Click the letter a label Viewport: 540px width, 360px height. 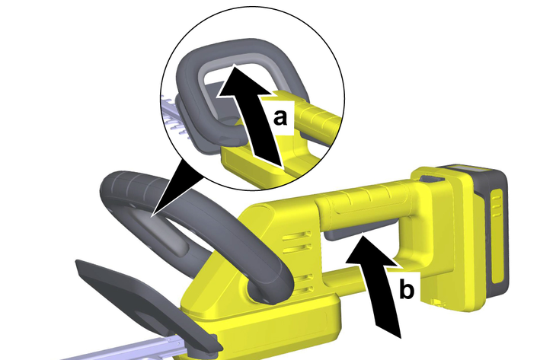pos(280,117)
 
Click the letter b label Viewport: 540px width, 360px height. pos(407,289)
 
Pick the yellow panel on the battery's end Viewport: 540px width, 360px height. pos(497,237)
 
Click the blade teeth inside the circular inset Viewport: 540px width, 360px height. pos(175,117)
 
